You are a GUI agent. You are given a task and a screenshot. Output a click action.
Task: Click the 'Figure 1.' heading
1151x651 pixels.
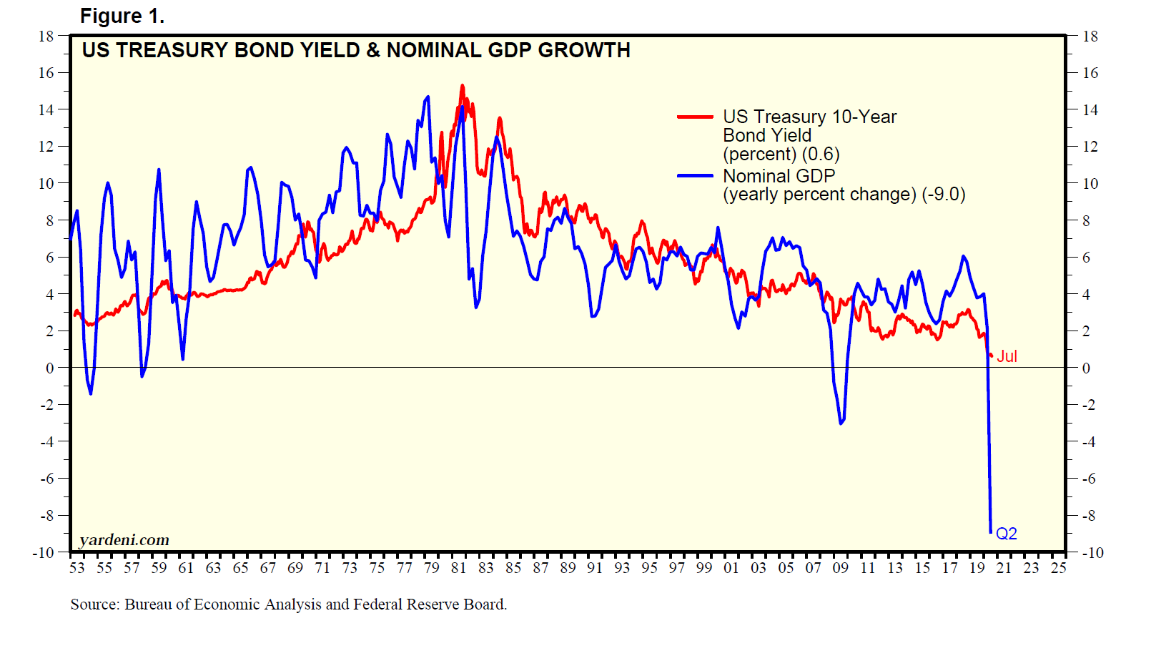point(122,16)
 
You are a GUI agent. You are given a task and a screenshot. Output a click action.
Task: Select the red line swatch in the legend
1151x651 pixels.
point(695,117)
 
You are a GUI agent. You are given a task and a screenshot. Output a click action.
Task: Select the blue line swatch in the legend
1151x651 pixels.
point(695,175)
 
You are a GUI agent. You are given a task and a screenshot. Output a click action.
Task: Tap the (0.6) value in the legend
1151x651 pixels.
point(821,155)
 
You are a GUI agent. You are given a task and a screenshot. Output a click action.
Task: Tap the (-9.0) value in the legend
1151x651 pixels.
point(944,195)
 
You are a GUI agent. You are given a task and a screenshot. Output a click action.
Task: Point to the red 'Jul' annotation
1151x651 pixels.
point(1007,356)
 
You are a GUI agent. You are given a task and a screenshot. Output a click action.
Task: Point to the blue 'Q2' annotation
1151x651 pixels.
point(1006,534)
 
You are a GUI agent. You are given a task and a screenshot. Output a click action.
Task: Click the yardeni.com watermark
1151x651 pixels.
point(124,540)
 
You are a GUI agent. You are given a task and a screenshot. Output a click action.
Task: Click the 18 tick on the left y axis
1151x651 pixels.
point(46,36)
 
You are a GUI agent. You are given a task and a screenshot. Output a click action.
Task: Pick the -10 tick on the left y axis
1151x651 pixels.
point(44,553)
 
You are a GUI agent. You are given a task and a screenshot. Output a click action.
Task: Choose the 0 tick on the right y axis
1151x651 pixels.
point(1086,368)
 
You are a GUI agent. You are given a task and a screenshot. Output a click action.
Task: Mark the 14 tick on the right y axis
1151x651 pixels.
point(1090,110)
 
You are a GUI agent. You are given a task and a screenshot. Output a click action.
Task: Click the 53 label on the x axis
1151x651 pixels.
point(77,568)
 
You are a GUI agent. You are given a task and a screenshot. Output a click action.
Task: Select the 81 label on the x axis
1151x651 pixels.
point(458,568)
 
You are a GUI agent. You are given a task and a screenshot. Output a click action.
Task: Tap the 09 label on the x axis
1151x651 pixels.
point(840,568)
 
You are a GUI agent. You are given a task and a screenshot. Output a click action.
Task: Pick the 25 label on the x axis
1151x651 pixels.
point(1058,568)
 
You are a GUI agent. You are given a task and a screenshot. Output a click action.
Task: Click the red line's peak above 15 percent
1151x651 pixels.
point(463,86)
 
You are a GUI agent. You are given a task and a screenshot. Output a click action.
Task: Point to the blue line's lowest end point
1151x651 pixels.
point(991,532)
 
